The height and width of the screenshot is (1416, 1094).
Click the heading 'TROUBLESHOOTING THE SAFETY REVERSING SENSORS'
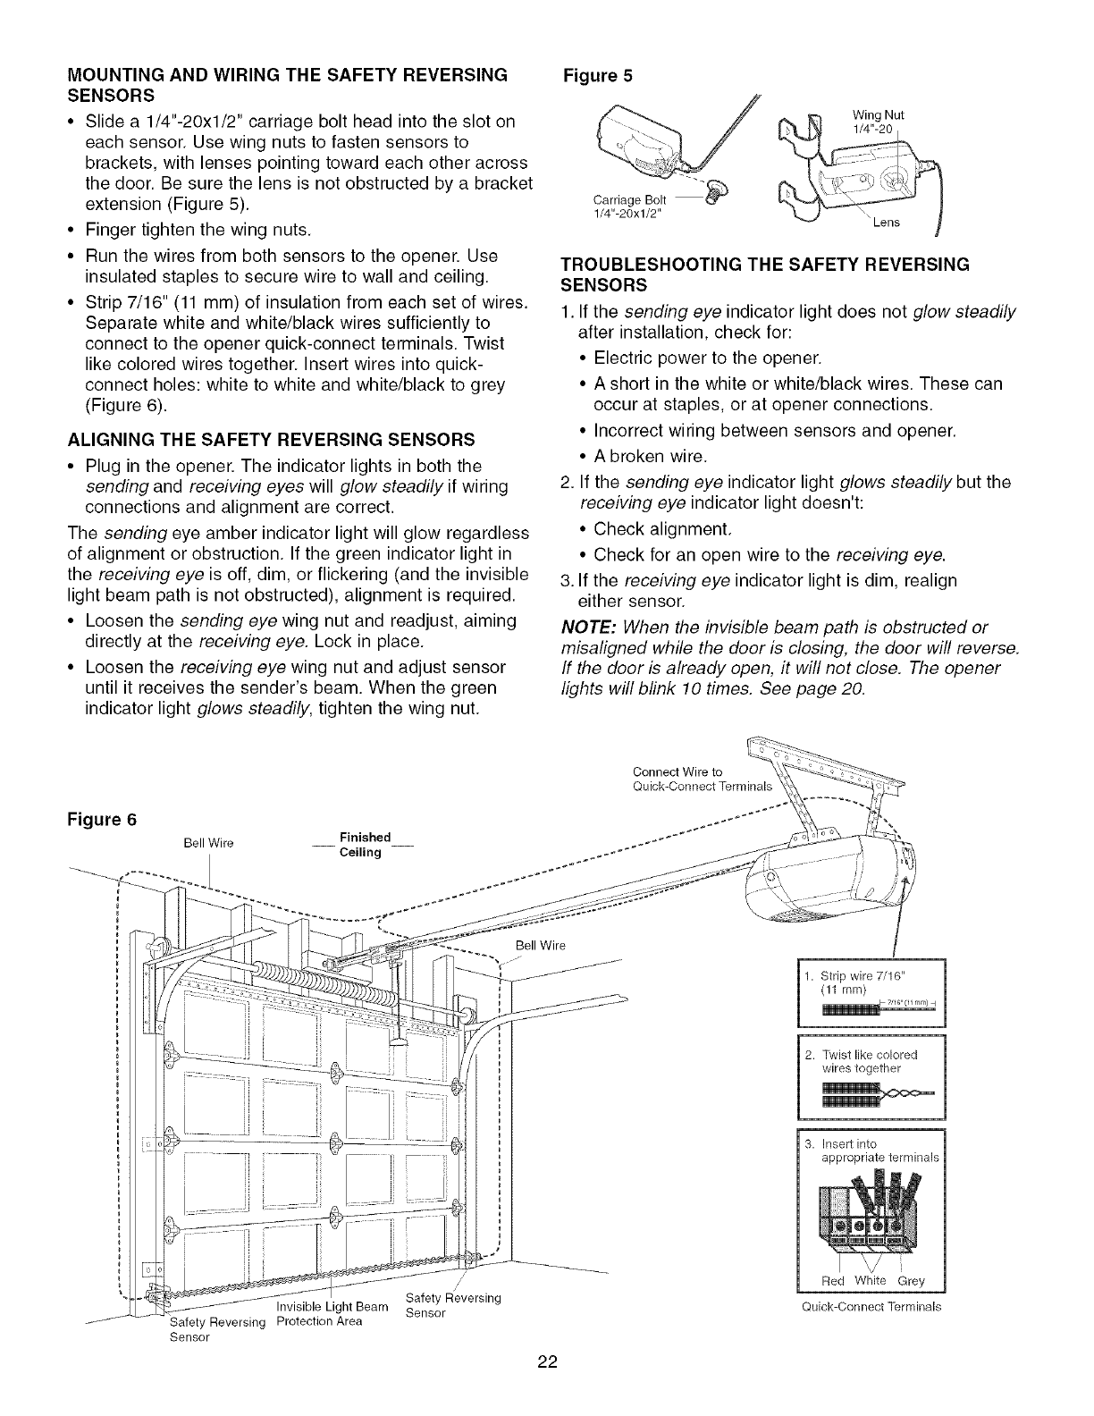pos(764,274)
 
